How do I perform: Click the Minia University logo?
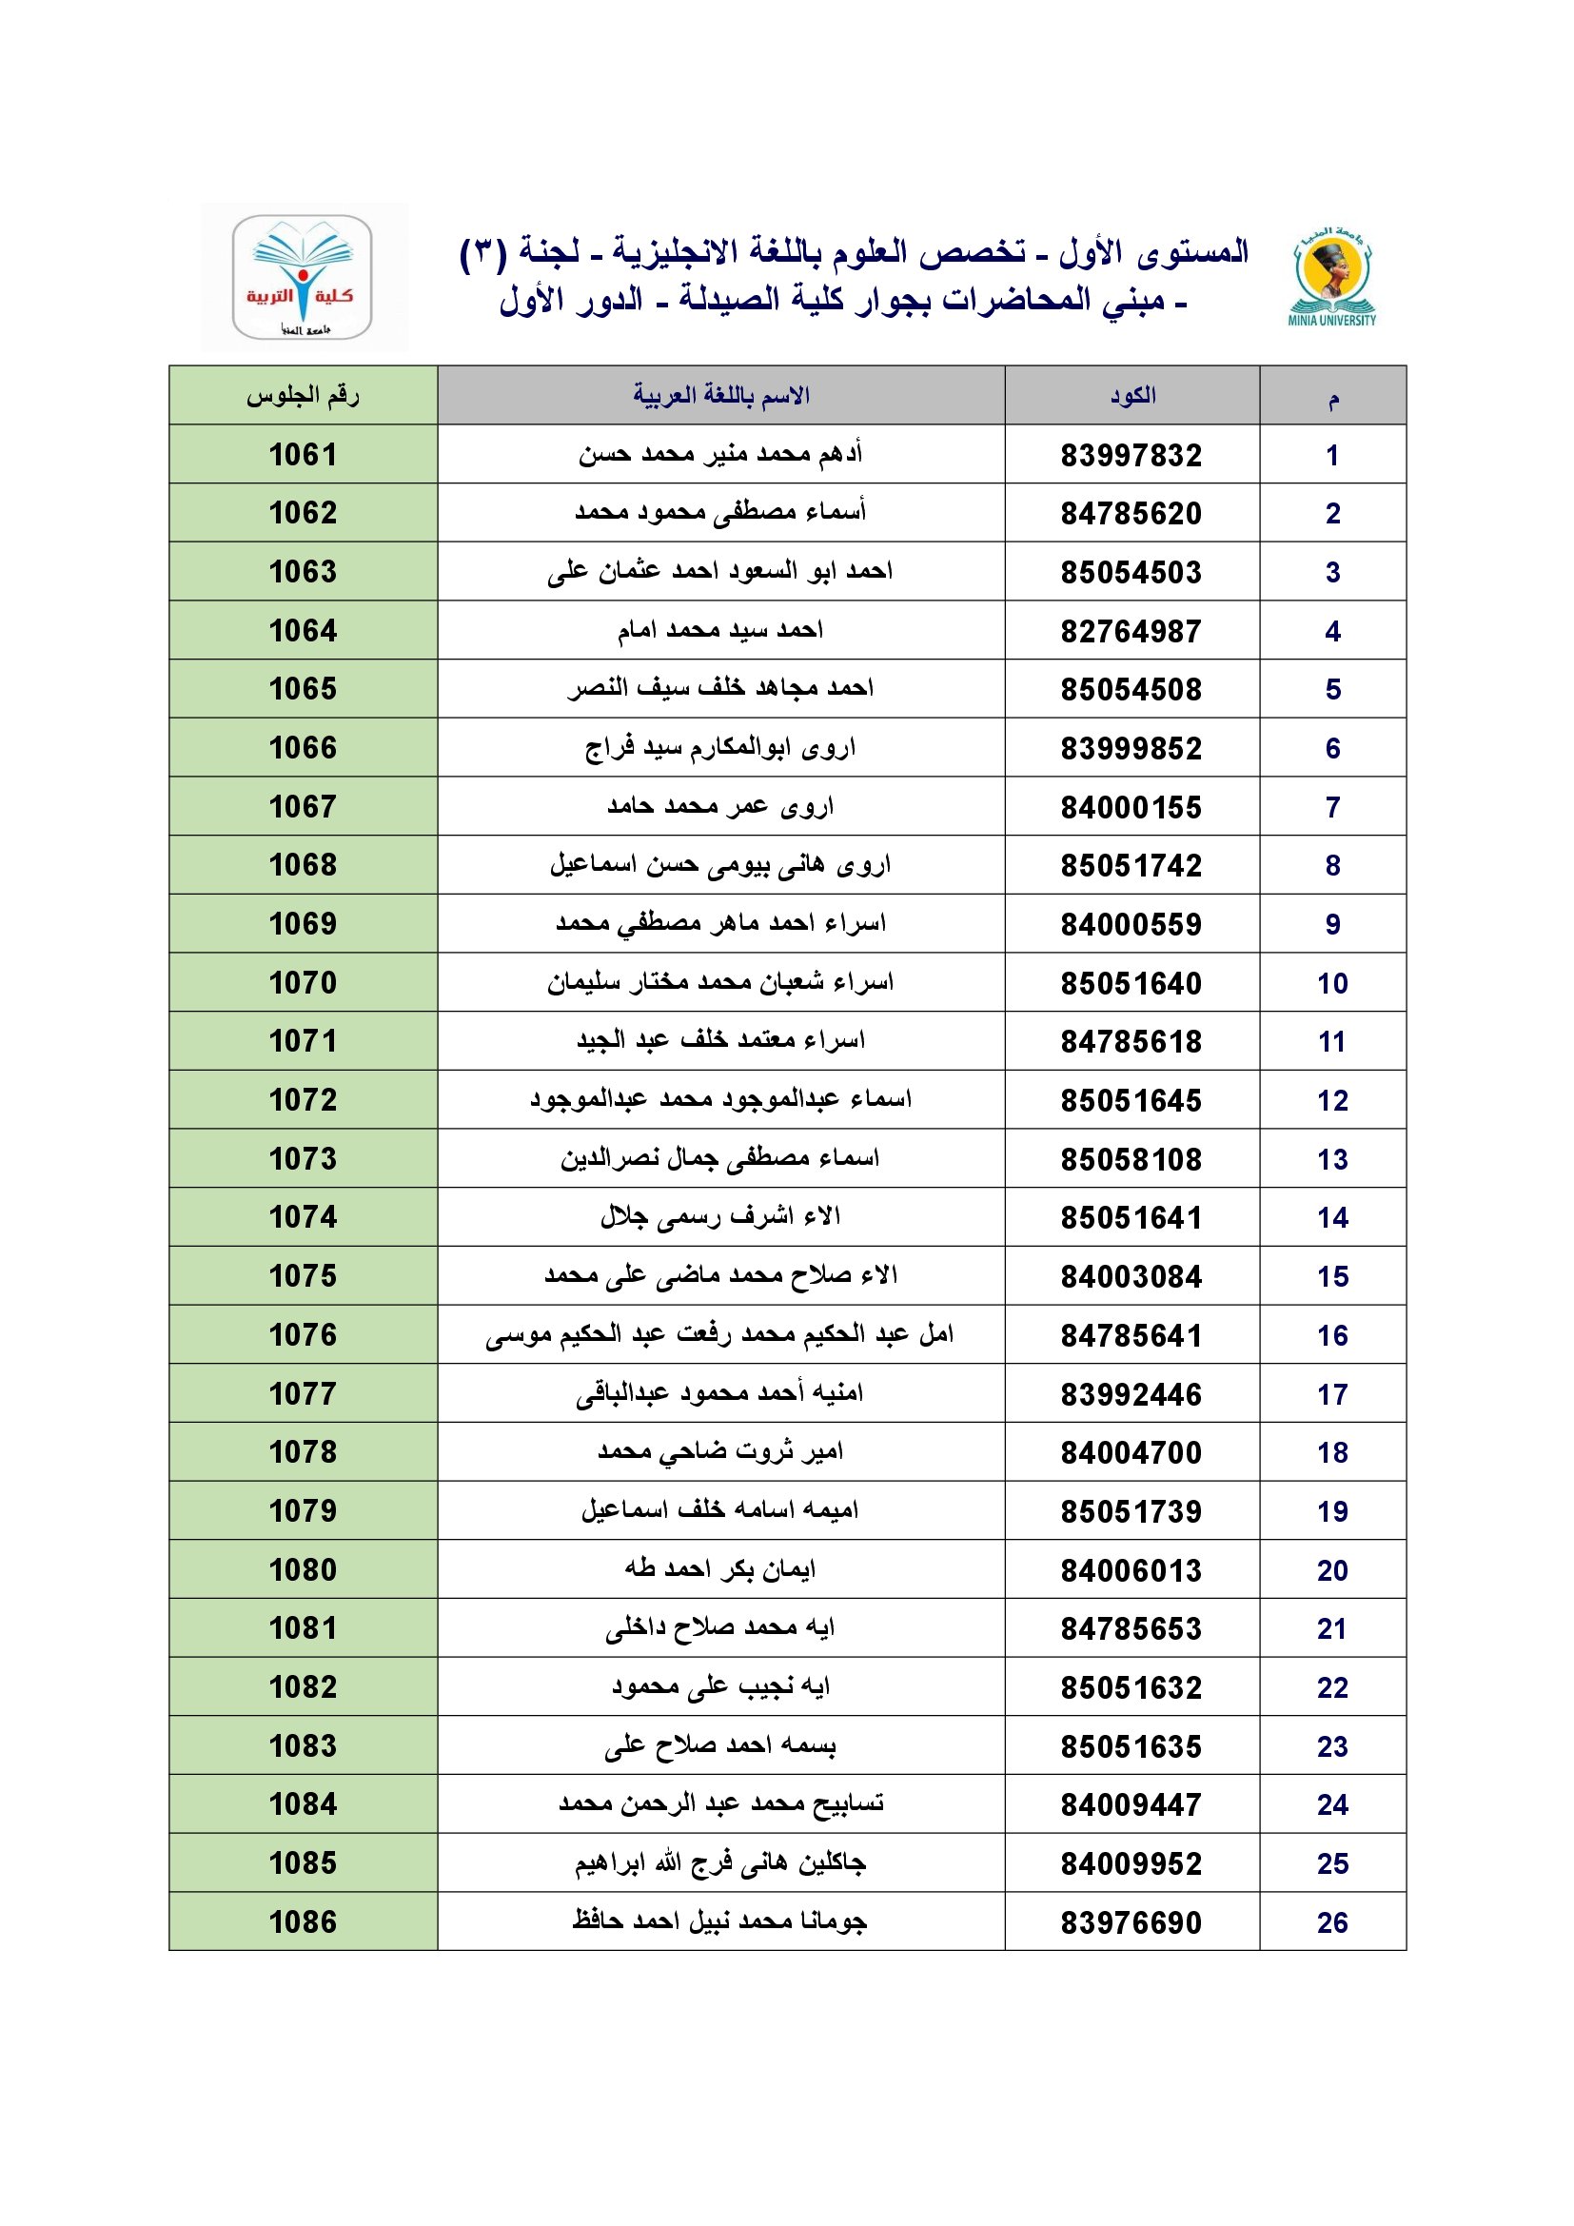1332,276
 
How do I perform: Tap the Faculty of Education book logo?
303,277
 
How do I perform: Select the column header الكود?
1132,396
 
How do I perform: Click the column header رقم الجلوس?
303,396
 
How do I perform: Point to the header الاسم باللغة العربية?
721,396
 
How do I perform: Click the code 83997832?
1131,456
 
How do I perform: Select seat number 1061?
303,455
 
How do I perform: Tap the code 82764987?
1131,632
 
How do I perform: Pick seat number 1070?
303,983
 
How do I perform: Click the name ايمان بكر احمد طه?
721,1568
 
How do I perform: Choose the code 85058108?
1131,1159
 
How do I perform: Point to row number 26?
1331,1922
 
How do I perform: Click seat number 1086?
303,1921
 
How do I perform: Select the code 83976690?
1131,1922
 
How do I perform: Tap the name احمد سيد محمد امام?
721,631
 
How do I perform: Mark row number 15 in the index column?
1331,1277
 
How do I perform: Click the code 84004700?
1131,1453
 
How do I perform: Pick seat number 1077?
303,1394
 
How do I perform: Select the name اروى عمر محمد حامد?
721,807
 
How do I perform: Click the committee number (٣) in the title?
482,253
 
